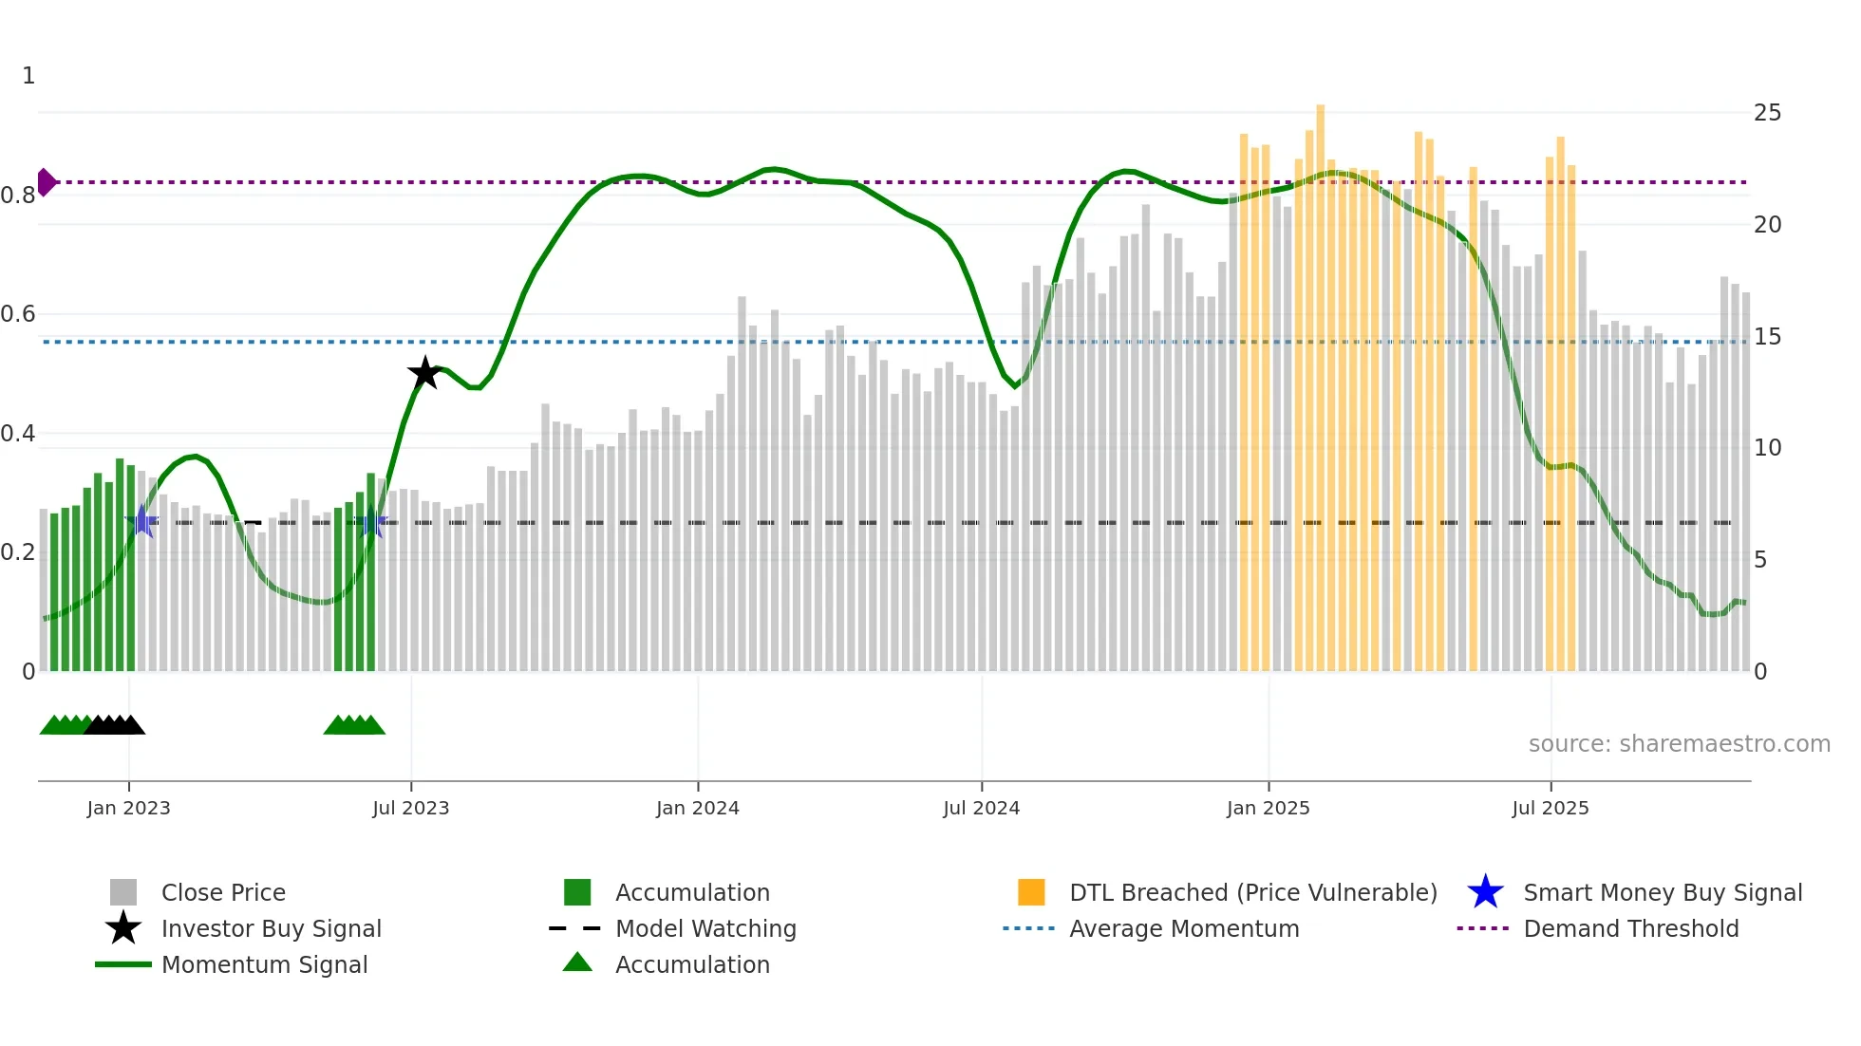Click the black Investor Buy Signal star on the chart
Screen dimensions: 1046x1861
(x=424, y=373)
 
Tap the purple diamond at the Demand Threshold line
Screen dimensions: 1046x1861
(x=46, y=181)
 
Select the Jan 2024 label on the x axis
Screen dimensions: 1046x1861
(x=697, y=808)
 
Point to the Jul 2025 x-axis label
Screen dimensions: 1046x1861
(x=1550, y=808)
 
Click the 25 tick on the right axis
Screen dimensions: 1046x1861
(x=1767, y=113)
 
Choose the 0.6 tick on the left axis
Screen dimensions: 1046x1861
(x=18, y=314)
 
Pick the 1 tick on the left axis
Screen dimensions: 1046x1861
(x=28, y=76)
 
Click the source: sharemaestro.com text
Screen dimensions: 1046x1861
(x=1679, y=744)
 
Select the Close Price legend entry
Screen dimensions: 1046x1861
(x=222, y=893)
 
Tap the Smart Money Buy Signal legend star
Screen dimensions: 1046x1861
(x=1485, y=892)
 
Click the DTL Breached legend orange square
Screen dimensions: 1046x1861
(x=1031, y=892)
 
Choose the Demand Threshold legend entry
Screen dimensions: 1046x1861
(x=1630, y=929)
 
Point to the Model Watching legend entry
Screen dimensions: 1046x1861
(x=705, y=929)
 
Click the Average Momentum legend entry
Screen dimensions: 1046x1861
(x=1183, y=929)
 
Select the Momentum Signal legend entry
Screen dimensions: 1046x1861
(x=264, y=965)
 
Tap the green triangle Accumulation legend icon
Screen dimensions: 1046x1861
(x=577, y=962)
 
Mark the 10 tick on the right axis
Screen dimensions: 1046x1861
(x=1767, y=448)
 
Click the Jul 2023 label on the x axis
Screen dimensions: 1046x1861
(x=410, y=808)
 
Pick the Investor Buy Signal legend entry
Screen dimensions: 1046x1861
(x=271, y=929)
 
